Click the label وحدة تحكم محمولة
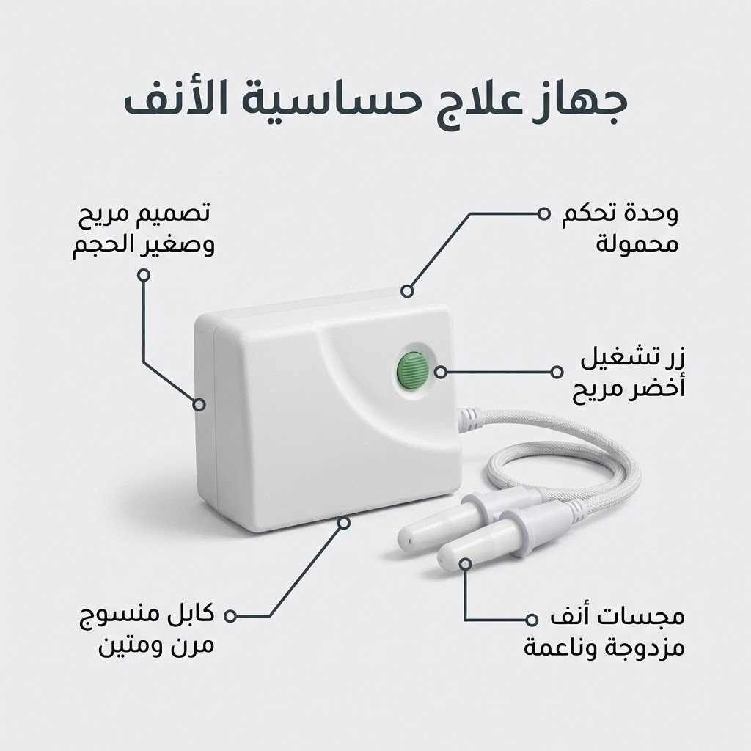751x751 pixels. pos(620,229)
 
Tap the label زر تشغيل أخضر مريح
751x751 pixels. pos(629,375)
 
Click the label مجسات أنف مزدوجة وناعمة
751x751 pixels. pos(604,633)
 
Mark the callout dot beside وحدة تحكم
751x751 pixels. pos(543,213)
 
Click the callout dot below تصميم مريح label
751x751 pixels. pos(144,275)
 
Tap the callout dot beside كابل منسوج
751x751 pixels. pos(230,616)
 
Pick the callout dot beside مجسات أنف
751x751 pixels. pos(530,619)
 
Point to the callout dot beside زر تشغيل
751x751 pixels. pos(557,372)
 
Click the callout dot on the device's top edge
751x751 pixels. pos(407,290)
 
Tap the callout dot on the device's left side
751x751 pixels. pos(199,405)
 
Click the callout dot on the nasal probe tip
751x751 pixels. pos(464,564)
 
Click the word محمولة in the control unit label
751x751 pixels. pos(637,243)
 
